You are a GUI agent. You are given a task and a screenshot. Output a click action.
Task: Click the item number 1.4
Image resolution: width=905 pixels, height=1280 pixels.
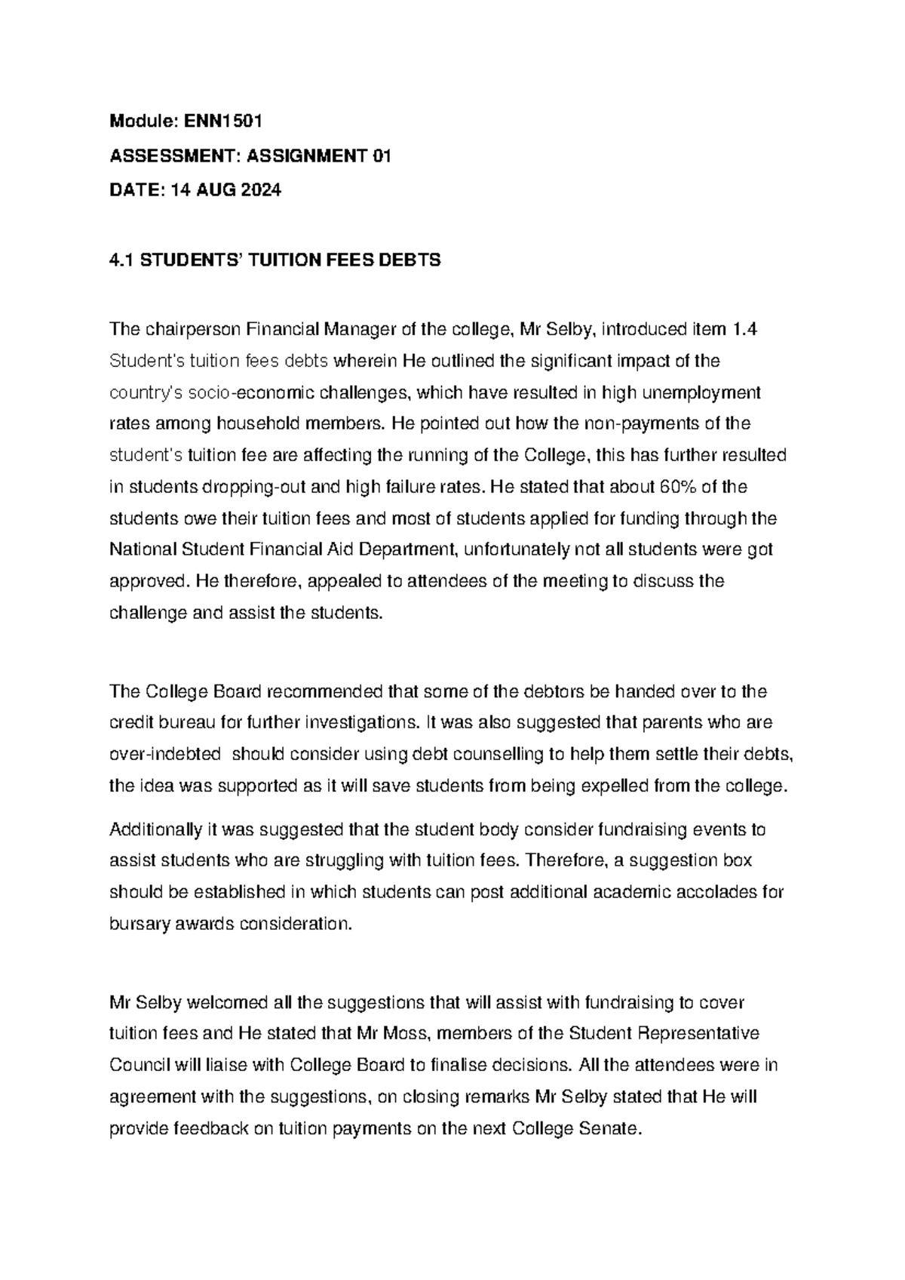(744, 329)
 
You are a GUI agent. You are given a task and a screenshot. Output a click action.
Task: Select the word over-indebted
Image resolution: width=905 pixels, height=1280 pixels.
(165, 755)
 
